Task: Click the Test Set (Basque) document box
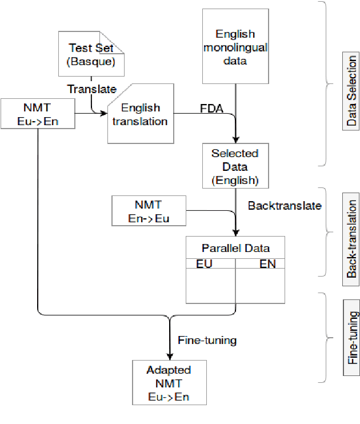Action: tap(91, 54)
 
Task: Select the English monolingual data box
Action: tap(235, 46)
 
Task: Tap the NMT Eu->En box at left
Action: tap(38, 114)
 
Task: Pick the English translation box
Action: tap(141, 114)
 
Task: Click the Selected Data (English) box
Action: tap(235, 166)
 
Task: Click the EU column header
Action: tap(204, 263)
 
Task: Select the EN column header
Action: tap(267, 263)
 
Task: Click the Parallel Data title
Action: tap(235, 248)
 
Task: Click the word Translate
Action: tap(92, 89)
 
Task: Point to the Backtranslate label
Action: tap(285, 205)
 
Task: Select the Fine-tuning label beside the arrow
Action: tap(207, 340)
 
